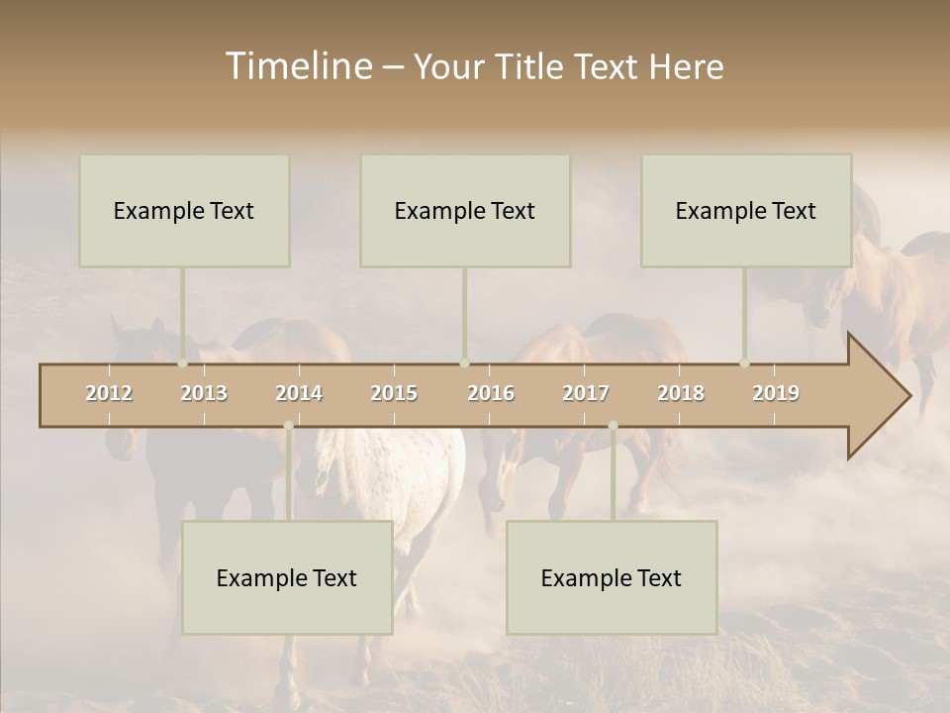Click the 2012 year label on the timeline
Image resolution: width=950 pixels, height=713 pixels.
(109, 393)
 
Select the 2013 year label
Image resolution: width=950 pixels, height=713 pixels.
(204, 393)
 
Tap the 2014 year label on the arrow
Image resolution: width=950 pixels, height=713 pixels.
(299, 393)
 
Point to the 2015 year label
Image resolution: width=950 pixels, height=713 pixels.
(394, 393)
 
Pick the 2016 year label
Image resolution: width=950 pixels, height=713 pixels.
(491, 393)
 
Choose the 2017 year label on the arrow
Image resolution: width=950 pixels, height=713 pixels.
(586, 393)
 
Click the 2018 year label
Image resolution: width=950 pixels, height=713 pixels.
(681, 393)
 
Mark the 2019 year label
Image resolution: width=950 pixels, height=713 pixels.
(776, 393)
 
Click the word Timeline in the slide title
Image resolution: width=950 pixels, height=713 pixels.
(297, 66)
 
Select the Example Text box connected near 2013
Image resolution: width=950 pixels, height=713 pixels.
(184, 210)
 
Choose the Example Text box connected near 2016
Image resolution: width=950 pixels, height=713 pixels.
(465, 210)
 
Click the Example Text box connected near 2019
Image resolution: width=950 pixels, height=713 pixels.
(746, 210)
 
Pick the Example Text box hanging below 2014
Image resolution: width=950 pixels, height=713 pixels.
(287, 577)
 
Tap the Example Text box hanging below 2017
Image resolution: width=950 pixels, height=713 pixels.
(612, 577)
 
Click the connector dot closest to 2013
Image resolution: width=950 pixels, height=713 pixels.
(183, 363)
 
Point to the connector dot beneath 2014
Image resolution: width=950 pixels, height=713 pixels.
(288, 426)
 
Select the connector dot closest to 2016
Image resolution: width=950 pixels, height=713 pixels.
(464, 363)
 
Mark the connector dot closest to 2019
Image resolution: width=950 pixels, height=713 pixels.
(745, 363)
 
